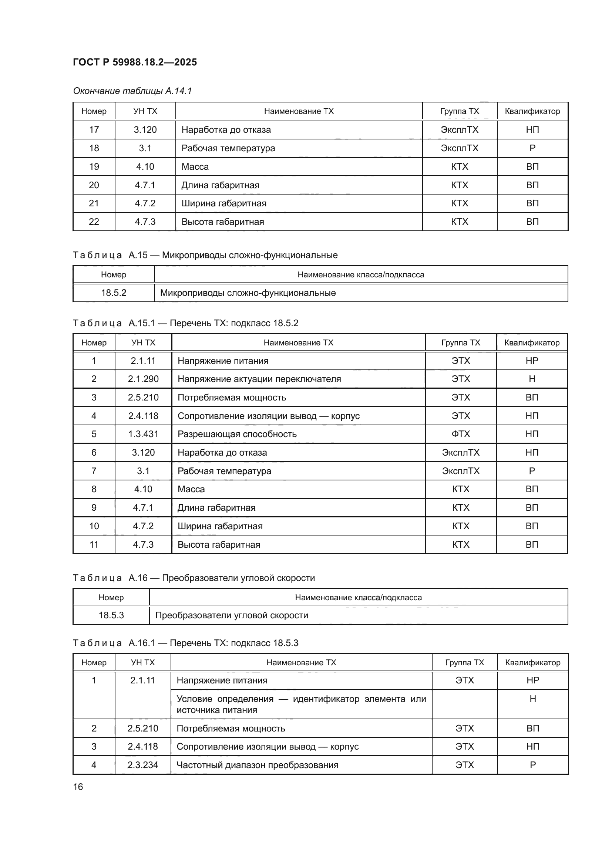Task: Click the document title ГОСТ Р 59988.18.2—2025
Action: tap(135, 62)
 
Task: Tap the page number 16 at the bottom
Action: tap(78, 787)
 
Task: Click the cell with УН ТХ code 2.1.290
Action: tap(143, 379)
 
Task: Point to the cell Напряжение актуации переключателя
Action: tap(259, 379)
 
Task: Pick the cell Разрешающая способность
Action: tap(237, 434)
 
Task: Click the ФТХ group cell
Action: tap(461, 434)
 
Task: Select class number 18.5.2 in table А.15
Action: tap(114, 293)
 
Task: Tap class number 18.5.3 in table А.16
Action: tap(111, 615)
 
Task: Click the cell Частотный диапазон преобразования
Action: tap(258, 765)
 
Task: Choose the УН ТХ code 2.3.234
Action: tap(143, 765)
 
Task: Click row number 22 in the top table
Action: tap(94, 222)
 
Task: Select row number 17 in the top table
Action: tap(94, 129)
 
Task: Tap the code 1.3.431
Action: tap(143, 434)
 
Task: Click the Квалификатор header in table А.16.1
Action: tap(532, 662)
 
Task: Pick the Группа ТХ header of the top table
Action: tap(460, 111)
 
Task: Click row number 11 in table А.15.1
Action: tap(94, 544)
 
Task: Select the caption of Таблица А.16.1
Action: tap(185, 643)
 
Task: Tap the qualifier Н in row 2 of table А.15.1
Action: tap(532, 379)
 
